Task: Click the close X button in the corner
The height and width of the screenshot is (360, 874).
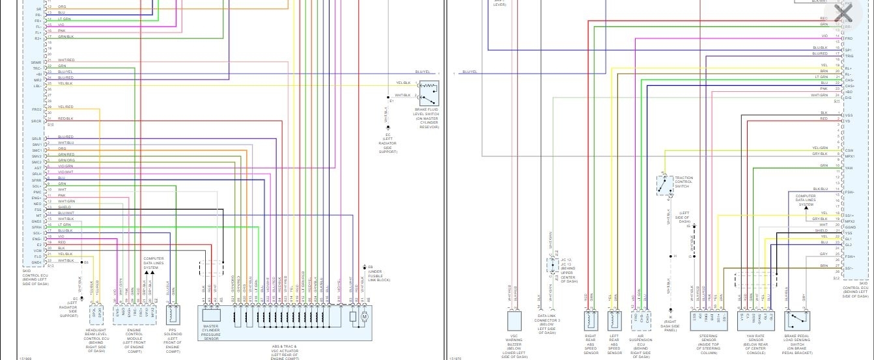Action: pyautogui.click(x=843, y=13)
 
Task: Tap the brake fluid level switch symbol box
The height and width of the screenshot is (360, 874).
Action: pyautogui.click(x=429, y=93)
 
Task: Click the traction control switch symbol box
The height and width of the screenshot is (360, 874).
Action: pyautogui.click(x=665, y=186)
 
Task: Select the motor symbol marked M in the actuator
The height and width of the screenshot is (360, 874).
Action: pyautogui.click(x=364, y=316)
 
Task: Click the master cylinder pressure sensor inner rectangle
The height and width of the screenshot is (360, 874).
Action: pyautogui.click(x=211, y=316)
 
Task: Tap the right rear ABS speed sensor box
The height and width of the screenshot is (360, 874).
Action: pyautogui.click(x=591, y=320)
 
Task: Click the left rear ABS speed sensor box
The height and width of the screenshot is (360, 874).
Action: pyautogui.click(x=614, y=320)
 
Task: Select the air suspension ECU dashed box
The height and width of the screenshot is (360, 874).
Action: pyautogui.click(x=641, y=320)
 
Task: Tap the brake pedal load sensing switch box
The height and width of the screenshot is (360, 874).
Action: pyautogui.click(x=799, y=320)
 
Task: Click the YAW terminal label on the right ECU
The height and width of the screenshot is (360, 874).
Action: pyautogui.click(x=848, y=168)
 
